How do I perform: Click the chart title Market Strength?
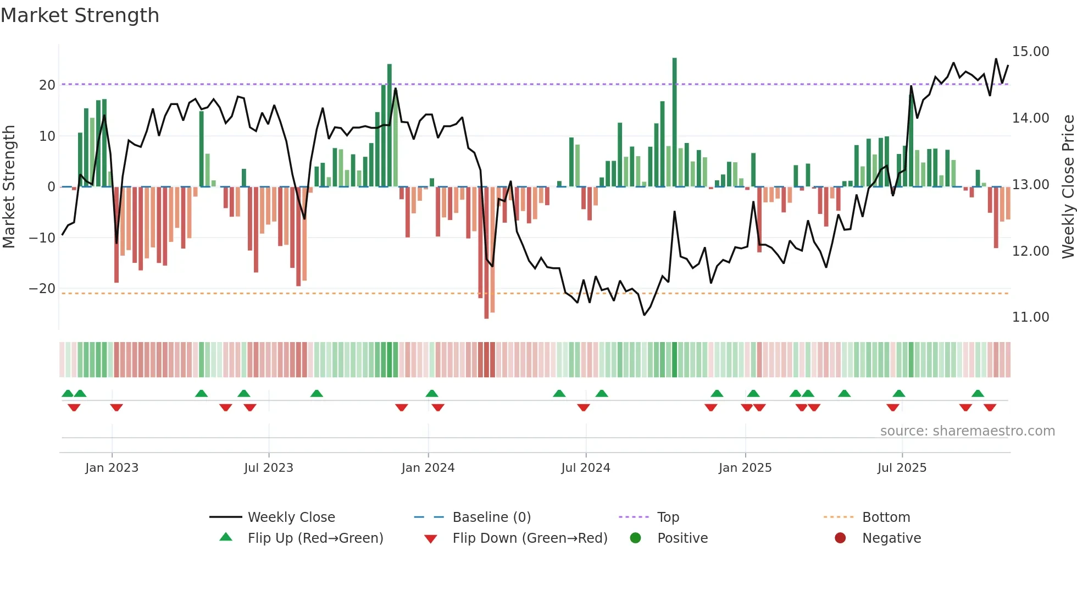(x=80, y=15)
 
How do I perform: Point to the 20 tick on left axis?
(x=47, y=85)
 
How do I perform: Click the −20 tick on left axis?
(x=42, y=289)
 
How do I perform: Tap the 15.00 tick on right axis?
(x=1030, y=52)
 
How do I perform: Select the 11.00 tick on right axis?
(x=1030, y=317)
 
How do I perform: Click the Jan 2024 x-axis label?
(x=428, y=468)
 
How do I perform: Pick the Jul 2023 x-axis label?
(x=269, y=468)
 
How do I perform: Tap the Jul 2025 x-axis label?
(x=902, y=468)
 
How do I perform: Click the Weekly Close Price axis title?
(x=1068, y=187)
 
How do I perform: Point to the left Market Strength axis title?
(x=9, y=187)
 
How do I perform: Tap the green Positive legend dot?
(x=635, y=538)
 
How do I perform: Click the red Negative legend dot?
(x=840, y=538)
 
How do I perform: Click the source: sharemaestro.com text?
(x=967, y=431)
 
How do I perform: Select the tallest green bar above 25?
(x=674, y=121)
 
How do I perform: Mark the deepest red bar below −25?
(x=486, y=253)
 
